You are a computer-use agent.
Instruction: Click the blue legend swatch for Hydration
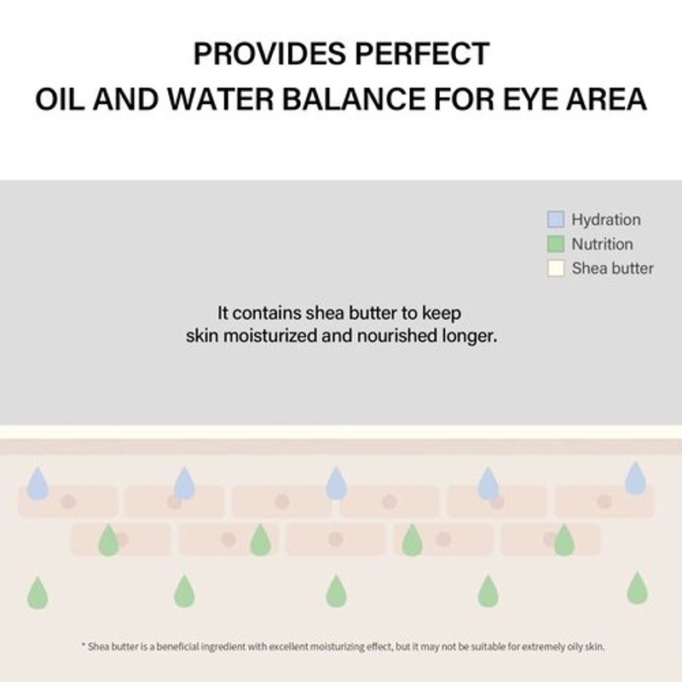coord(556,220)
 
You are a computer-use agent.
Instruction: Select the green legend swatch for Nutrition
coord(556,245)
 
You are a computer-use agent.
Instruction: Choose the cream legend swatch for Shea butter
coord(556,269)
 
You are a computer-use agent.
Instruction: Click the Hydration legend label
coord(606,220)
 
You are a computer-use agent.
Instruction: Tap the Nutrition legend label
coord(602,245)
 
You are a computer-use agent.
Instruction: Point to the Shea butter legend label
coord(612,269)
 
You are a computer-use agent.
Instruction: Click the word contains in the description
coord(263,313)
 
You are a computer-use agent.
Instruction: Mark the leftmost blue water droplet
coord(38,483)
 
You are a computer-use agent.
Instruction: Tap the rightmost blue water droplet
coord(635,478)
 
